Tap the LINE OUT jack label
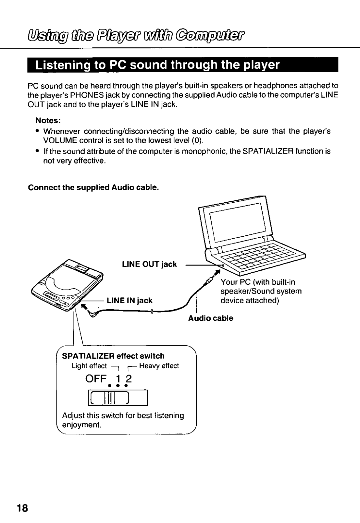pos(149,264)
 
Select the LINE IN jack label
pos(129,300)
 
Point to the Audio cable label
pos(210,318)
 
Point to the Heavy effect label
pos(159,366)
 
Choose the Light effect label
pos(89,366)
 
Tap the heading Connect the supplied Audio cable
pos(94,188)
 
